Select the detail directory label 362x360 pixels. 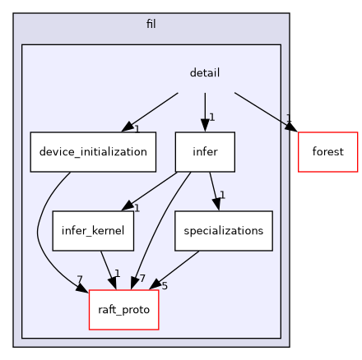click(x=204, y=73)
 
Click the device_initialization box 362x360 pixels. click(x=93, y=152)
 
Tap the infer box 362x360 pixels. click(x=205, y=152)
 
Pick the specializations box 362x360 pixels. click(x=223, y=231)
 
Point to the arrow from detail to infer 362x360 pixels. click(x=205, y=111)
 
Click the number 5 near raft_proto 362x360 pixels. click(x=165, y=286)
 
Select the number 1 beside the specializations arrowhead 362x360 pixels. click(x=222, y=195)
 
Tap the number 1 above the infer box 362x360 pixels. click(x=212, y=116)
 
